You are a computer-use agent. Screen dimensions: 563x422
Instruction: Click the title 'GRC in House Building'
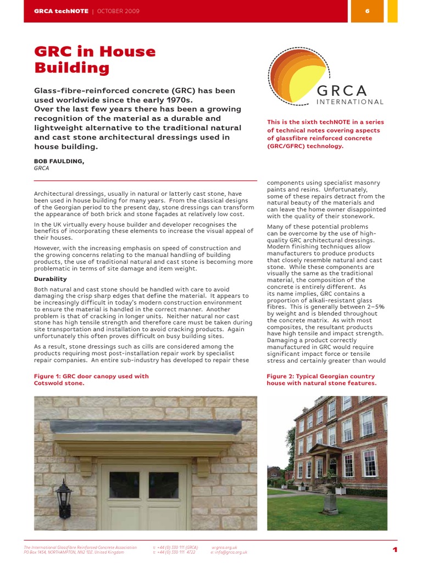[95, 60]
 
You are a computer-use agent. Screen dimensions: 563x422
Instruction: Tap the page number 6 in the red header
[367, 11]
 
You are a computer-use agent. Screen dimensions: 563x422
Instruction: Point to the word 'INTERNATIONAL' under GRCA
[350, 102]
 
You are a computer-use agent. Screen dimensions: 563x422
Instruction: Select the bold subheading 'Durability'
[51, 279]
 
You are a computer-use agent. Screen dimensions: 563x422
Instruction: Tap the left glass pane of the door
[124, 484]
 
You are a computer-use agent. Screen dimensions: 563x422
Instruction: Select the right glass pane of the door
[163, 484]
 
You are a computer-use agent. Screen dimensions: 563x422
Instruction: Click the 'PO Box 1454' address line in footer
[74, 552]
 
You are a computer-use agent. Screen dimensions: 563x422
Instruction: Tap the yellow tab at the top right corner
[392, 11]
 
